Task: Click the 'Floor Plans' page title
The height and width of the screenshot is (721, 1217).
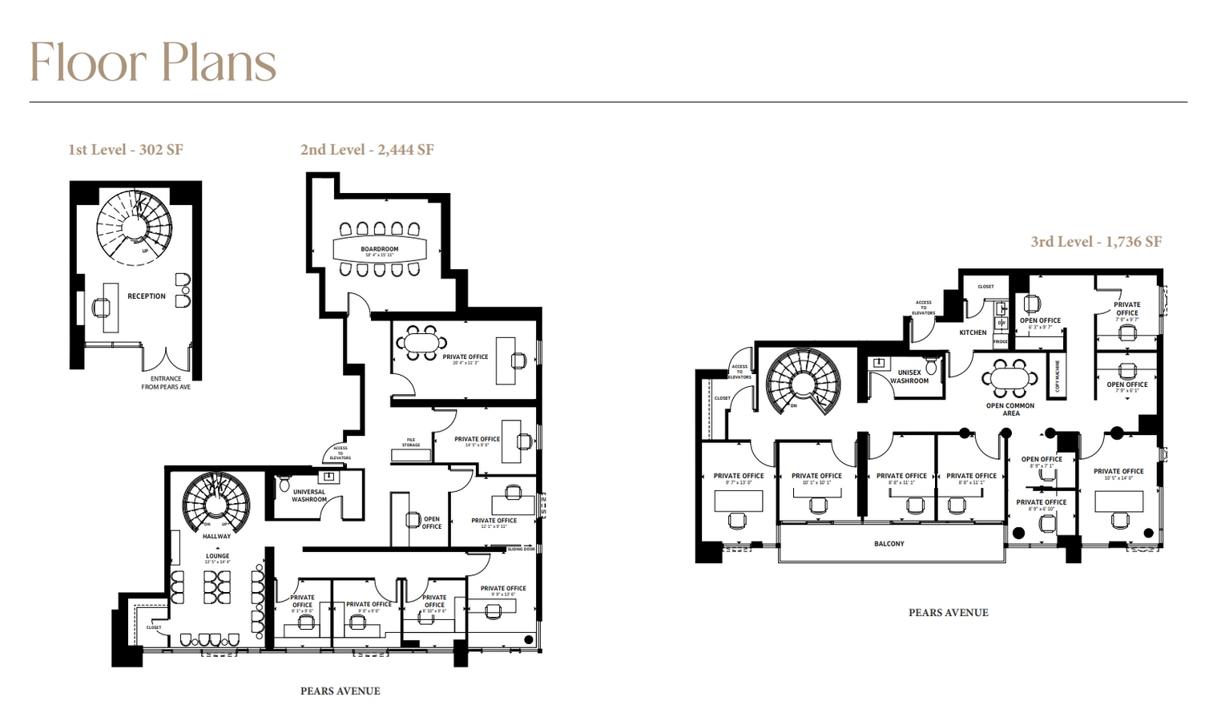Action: (153, 62)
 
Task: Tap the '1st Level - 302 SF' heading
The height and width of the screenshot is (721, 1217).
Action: (126, 149)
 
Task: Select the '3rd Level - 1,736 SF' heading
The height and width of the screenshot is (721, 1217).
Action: (1095, 241)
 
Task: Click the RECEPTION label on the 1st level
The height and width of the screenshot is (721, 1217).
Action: (147, 296)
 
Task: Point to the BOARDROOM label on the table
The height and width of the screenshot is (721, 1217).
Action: (379, 249)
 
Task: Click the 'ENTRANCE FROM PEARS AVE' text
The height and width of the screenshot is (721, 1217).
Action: (166, 383)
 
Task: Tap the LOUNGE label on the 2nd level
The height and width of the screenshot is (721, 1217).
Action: (217, 556)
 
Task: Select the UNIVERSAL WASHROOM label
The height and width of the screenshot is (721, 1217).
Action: (308, 496)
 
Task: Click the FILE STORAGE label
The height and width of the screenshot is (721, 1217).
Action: (411, 443)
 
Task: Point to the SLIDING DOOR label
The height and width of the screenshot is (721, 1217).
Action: (521, 549)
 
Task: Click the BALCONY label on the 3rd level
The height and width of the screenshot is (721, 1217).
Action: (889, 544)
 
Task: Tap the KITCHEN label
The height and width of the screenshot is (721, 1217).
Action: (973, 332)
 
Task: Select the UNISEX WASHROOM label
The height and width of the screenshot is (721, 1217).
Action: (909, 377)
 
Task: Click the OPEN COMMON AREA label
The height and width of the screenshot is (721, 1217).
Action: (1009, 409)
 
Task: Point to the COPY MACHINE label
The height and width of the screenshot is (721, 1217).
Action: (1058, 375)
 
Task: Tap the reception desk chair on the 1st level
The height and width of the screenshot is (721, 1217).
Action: (102, 308)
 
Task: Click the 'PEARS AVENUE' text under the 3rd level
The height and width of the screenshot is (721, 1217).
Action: (948, 613)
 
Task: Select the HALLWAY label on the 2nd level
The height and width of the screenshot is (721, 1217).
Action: (216, 537)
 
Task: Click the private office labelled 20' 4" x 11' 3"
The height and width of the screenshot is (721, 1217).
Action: (465, 357)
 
